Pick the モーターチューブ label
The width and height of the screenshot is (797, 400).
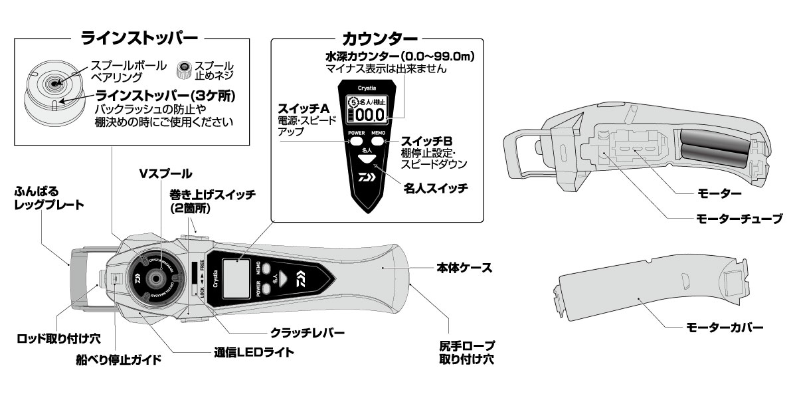pyautogui.click(x=737, y=218)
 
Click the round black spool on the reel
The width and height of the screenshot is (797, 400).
pyautogui.click(x=154, y=278)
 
